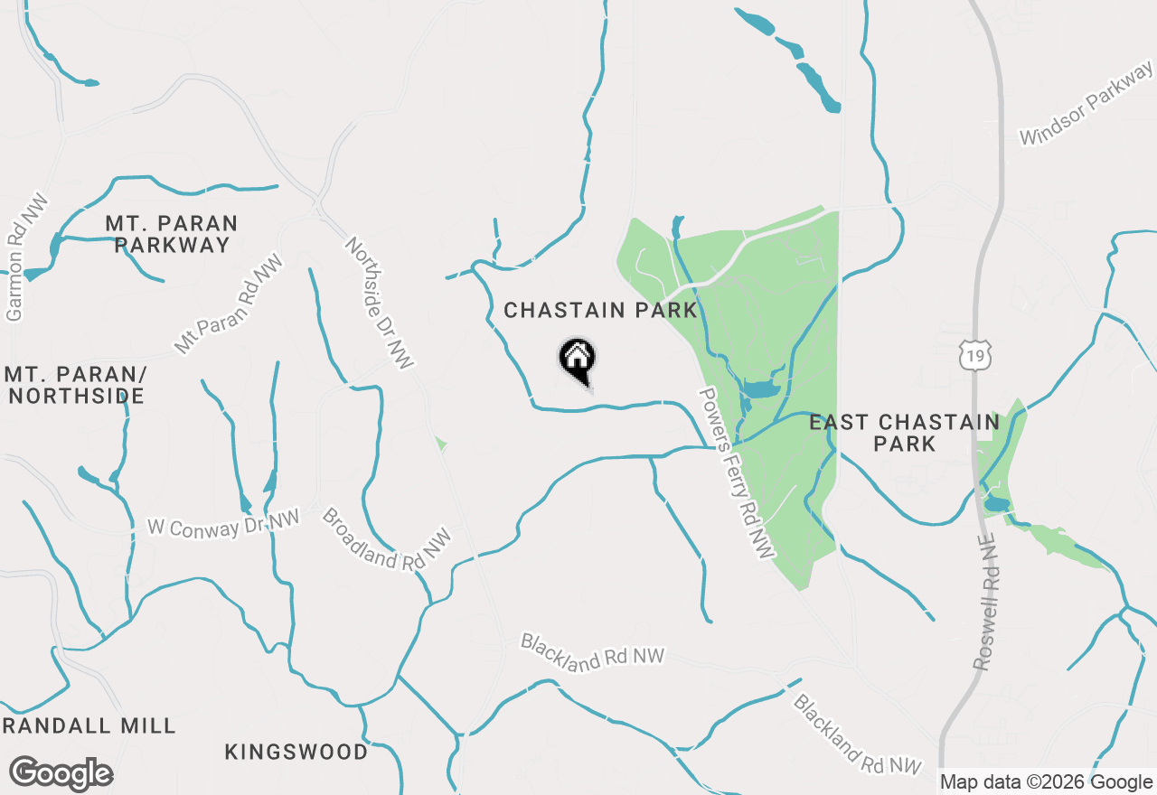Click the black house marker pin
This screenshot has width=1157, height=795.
[x=577, y=360]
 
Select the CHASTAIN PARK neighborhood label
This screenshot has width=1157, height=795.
[x=600, y=311]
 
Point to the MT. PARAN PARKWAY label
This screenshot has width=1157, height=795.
[x=172, y=233]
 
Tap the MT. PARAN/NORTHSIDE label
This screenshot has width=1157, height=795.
[x=74, y=385]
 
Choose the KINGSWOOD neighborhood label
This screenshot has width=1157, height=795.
[x=296, y=752]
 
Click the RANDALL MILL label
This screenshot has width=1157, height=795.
[x=89, y=725]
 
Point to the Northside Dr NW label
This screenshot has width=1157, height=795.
[x=380, y=303]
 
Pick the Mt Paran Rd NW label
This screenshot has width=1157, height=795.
[x=229, y=304]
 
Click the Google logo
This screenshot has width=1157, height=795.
[x=61, y=773]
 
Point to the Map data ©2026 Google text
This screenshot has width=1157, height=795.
[x=1046, y=782]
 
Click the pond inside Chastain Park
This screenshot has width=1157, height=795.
[x=759, y=389]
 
